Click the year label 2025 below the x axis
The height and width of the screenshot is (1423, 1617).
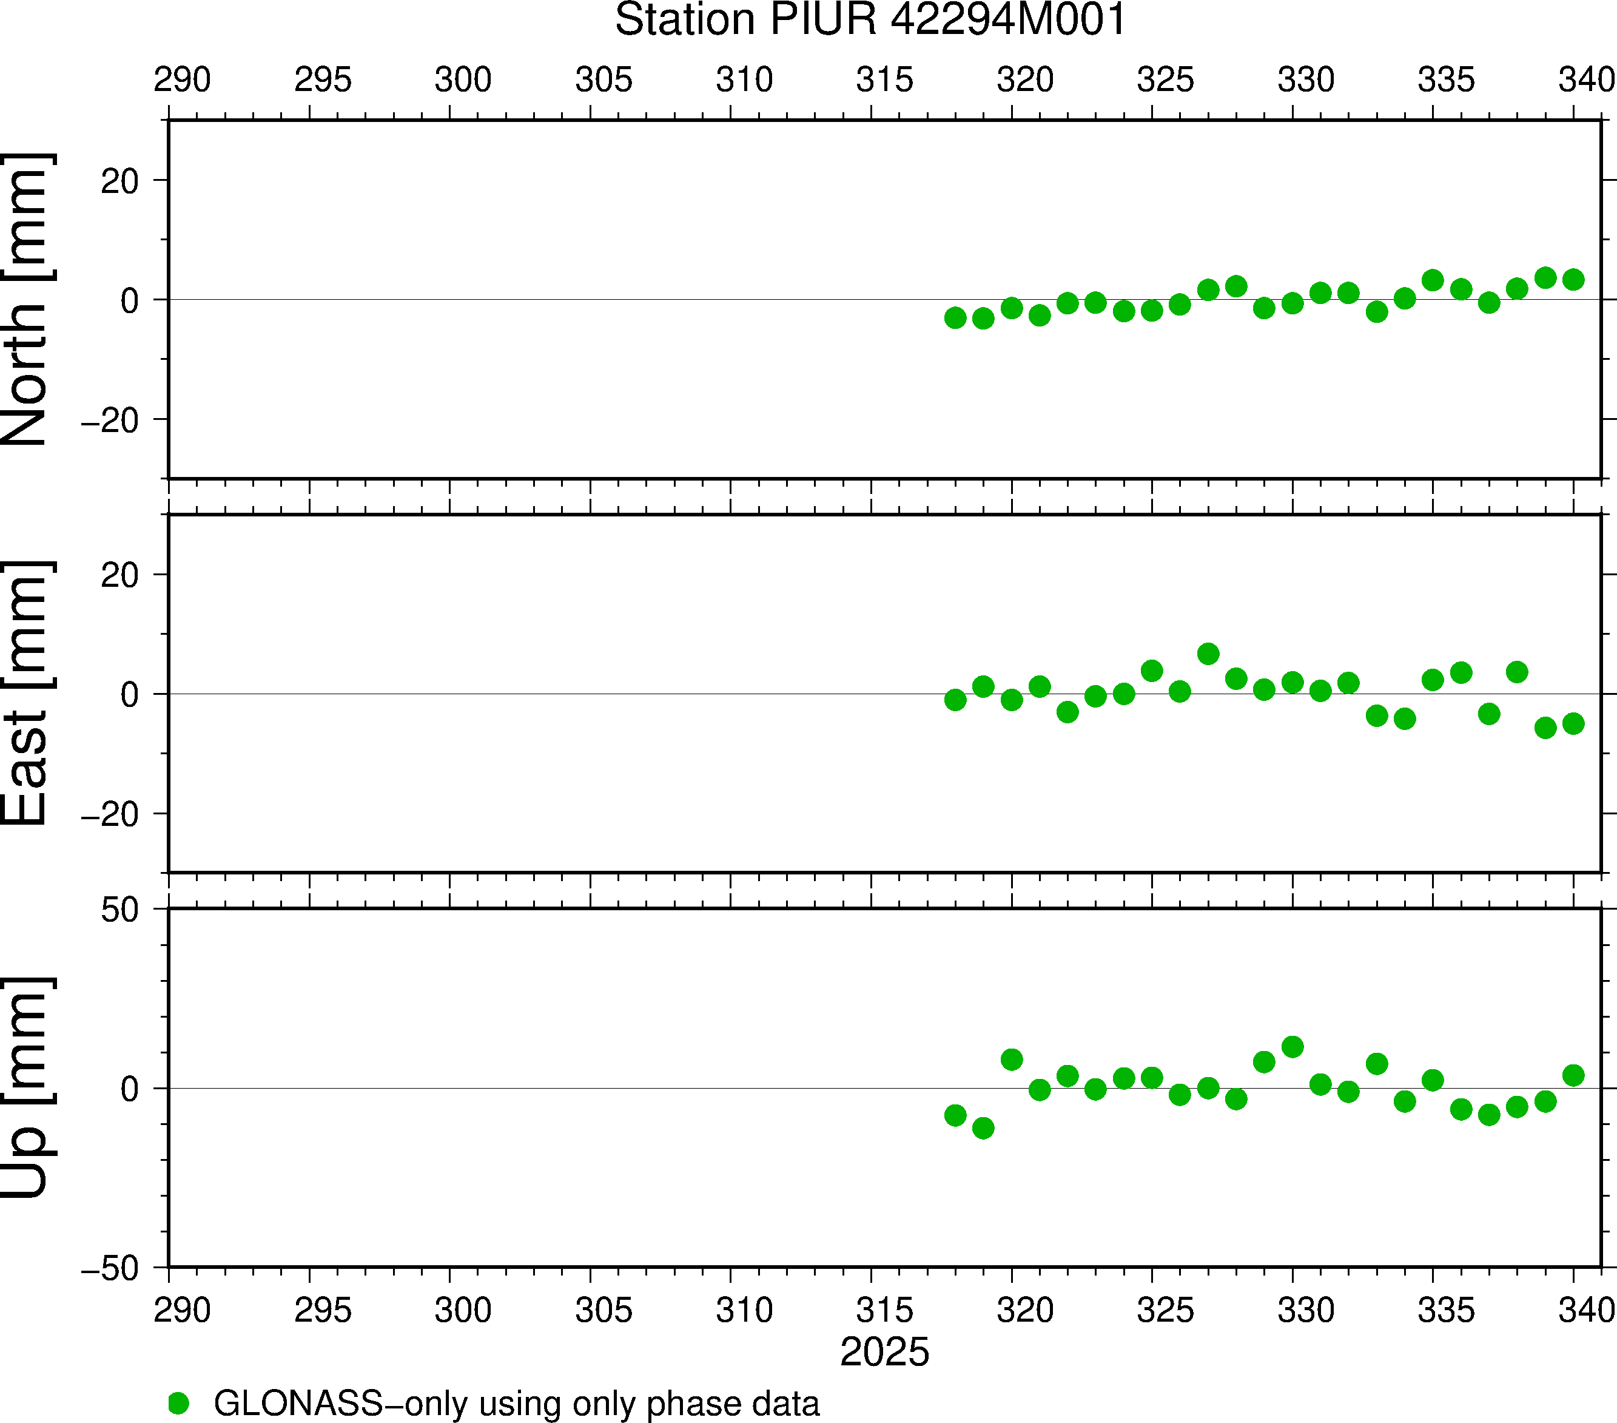[x=884, y=1352]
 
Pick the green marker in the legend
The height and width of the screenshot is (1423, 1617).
[x=179, y=1403]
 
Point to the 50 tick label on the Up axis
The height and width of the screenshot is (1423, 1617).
[x=119, y=910]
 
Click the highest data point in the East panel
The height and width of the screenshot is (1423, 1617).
[x=1208, y=654]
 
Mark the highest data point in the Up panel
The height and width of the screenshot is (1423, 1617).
[x=1293, y=1047]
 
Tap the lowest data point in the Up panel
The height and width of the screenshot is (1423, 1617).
[x=983, y=1128]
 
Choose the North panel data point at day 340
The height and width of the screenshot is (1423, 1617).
[x=1573, y=279]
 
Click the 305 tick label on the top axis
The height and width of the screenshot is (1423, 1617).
[x=603, y=80]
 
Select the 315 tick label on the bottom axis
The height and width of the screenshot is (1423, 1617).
[x=884, y=1311]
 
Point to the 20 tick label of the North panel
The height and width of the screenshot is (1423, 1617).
[x=119, y=182]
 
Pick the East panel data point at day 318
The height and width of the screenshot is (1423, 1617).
[x=955, y=700]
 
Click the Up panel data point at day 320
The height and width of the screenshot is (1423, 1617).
[x=1012, y=1059]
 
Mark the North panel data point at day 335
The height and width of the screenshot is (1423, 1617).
[x=1433, y=280]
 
